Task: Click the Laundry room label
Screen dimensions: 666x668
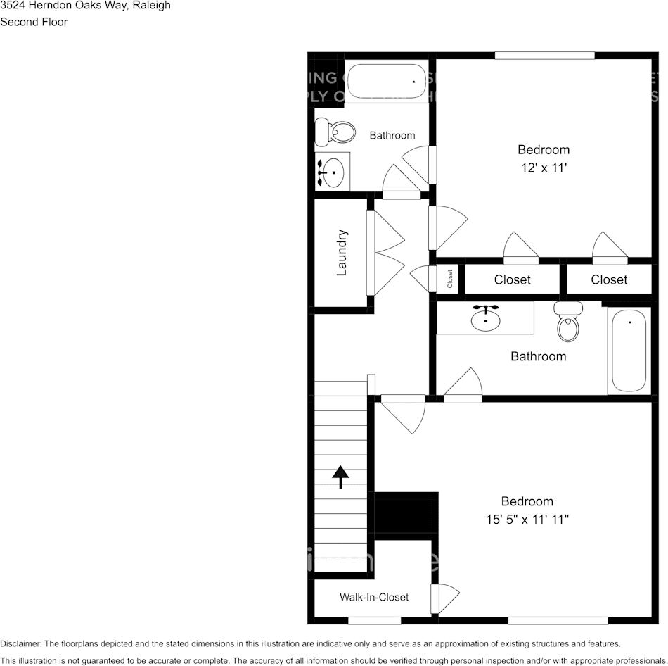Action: tap(342, 252)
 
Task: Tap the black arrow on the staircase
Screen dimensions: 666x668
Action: tap(340, 477)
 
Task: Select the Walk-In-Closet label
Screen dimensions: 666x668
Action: tap(373, 597)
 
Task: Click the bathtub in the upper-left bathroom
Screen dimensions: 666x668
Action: tap(386, 82)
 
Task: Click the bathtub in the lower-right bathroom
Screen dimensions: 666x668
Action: tap(629, 349)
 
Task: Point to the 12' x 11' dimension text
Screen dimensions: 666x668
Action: tap(544, 168)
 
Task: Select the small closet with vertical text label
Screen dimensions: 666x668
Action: tap(449, 279)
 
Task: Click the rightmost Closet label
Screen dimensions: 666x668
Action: tap(609, 279)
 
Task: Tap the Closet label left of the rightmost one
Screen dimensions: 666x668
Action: tap(512, 279)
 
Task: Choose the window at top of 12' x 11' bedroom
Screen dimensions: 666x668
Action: tap(544, 56)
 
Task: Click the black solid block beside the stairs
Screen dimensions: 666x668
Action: tap(406, 515)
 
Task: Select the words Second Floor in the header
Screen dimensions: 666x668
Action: tap(34, 22)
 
